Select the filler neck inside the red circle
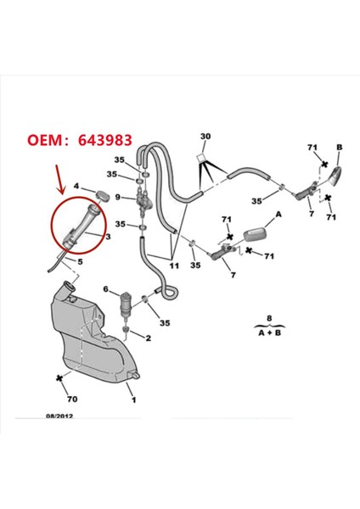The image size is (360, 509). tap(80, 227)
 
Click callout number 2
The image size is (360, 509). tap(148, 338)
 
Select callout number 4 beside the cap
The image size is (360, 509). tap(77, 187)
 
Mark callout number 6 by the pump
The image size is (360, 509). tap(106, 289)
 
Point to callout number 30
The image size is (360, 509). tap(205, 137)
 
